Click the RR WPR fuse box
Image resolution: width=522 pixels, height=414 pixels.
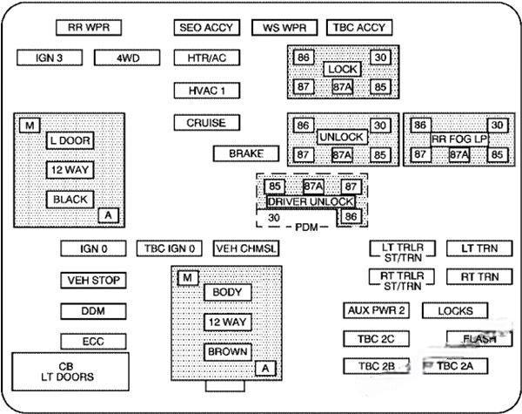click(88, 27)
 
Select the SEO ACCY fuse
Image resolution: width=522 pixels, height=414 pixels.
click(205, 27)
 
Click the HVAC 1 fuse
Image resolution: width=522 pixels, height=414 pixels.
click(206, 90)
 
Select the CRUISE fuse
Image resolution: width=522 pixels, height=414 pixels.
click(206, 123)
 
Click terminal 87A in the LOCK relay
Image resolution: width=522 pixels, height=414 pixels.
click(342, 87)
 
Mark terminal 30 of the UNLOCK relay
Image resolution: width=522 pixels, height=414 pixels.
click(380, 126)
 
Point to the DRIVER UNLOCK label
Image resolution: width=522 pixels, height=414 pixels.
click(304, 201)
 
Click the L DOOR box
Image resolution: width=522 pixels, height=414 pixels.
click(70, 140)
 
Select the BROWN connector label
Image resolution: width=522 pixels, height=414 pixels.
click(227, 352)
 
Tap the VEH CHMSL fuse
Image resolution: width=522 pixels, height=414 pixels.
click(246, 248)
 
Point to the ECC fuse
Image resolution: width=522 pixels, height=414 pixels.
click(93, 341)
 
